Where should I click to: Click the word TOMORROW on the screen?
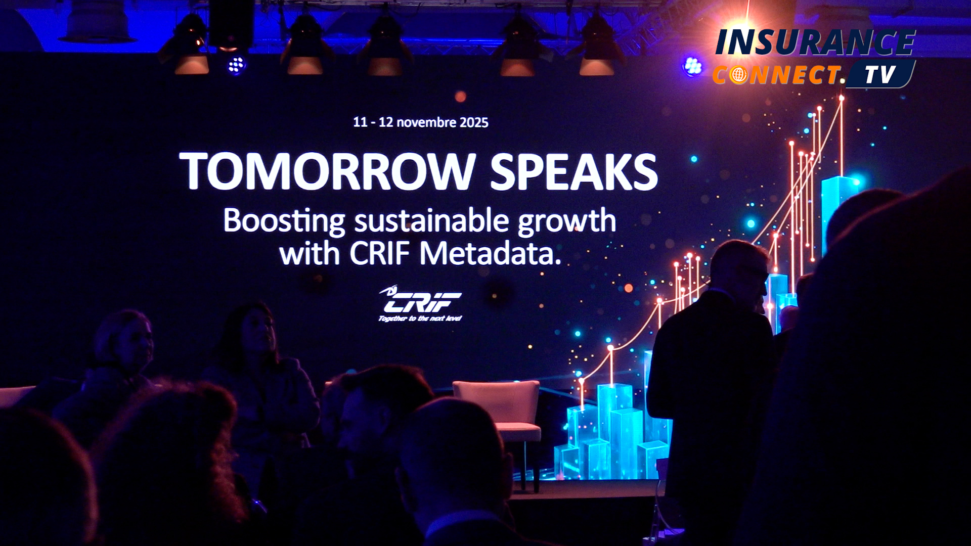(327, 171)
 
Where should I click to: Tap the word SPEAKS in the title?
(574, 172)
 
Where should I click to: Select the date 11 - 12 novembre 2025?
(421, 122)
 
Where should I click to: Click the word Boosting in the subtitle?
(284, 221)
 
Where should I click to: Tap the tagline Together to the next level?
(420, 318)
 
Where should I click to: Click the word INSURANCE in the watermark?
(815, 42)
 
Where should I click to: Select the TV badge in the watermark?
(880, 75)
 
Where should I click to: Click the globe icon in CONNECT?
(739, 75)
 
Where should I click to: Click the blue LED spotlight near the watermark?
(693, 66)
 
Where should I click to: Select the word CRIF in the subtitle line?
(380, 253)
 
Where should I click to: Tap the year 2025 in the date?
(474, 122)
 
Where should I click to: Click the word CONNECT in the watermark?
(777, 75)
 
